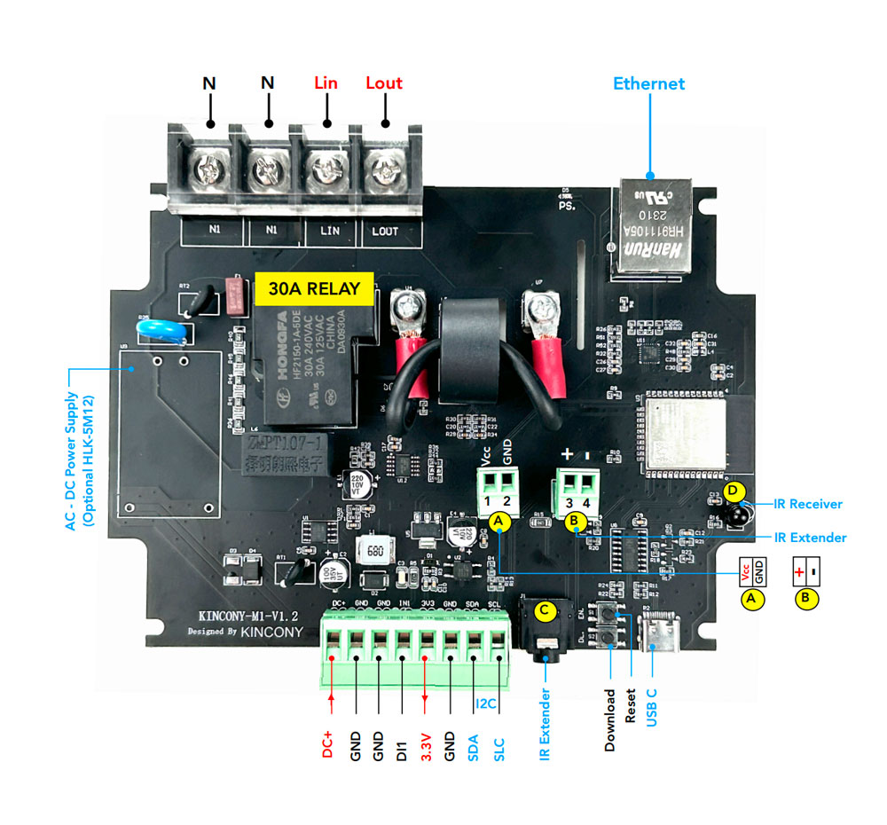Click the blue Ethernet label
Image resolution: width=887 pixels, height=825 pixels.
[649, 84]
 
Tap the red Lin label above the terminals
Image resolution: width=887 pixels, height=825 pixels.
[326, 83]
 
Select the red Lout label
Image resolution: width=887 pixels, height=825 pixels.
[384, 83]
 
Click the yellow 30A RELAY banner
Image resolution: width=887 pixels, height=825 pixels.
[308, 288]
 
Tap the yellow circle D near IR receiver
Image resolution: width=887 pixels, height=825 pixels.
[732, 490]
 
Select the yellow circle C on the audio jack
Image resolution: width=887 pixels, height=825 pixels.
[546, 610]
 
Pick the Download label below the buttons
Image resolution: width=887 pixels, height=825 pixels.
[610, 720]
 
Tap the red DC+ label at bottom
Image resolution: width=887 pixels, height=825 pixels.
[329, 742]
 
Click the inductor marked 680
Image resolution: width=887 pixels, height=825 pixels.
[373, 552]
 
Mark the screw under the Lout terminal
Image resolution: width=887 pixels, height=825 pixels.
[385, 166]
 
